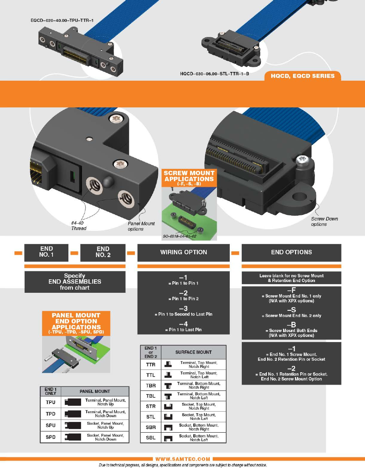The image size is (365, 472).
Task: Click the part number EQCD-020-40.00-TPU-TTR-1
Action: point(62,21)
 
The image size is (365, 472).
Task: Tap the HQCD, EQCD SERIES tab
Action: point(303,76)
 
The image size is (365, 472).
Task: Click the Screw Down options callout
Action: point(324,222)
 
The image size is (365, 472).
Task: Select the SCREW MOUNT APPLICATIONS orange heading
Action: point(189,178)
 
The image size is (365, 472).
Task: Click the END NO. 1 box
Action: point(47,251)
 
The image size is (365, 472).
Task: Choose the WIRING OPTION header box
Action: point(183,252)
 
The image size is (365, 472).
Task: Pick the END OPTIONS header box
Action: point(291,252)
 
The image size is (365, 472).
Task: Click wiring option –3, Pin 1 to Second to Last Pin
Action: point(183,311)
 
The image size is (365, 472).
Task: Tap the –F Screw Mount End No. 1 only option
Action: point(291,295)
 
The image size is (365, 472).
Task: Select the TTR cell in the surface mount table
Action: point(151,365)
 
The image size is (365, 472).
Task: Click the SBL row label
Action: point(151,438)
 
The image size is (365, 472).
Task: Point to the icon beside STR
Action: point(168,406)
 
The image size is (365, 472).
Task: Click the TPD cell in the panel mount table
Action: point(50,414)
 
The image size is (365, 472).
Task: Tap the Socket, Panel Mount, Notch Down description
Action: point(105,437)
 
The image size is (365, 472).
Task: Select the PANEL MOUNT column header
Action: point(95,391)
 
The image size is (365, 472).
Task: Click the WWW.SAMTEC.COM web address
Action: point(183,459)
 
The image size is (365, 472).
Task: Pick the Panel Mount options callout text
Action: point(141,226)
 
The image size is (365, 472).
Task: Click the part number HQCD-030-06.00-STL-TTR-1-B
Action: point(214,74)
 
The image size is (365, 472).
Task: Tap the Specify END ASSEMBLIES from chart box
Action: point(75,282)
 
